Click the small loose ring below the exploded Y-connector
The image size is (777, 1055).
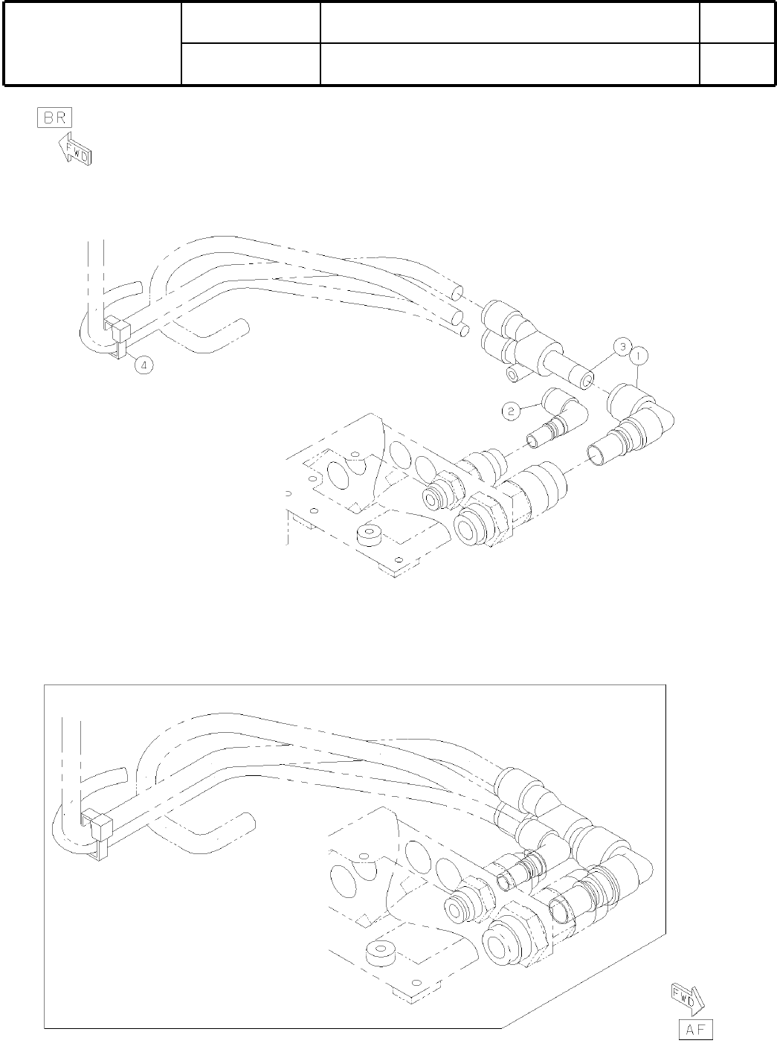(x=512, y=373)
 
